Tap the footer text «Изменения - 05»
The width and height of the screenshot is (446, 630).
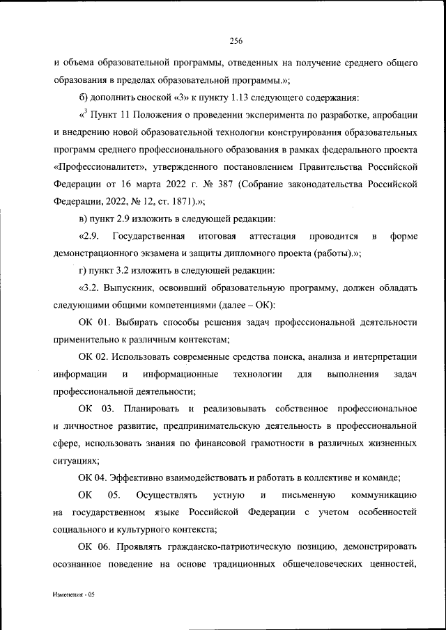pos(73,597)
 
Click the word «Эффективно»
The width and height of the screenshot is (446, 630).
pos(145,477)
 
